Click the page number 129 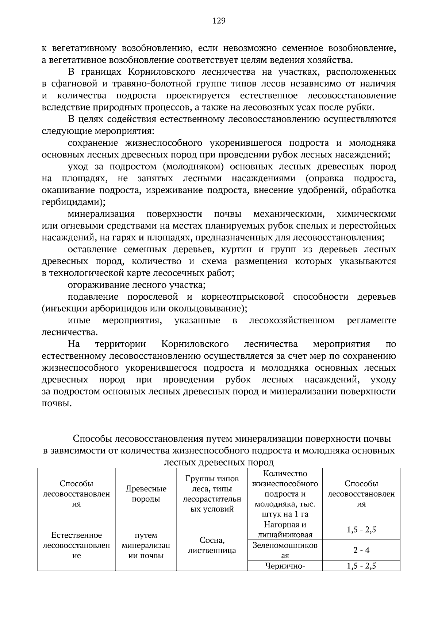coord(219,21)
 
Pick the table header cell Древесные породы coord(146,494)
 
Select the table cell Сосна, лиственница coord(212,545)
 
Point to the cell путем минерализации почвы coord(146,545)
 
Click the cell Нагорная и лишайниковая coord(285,529)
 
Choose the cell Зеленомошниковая coord(285,550)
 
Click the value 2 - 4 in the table coord(361,550)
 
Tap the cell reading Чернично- coord(285,566)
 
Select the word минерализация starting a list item coord(101,214)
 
